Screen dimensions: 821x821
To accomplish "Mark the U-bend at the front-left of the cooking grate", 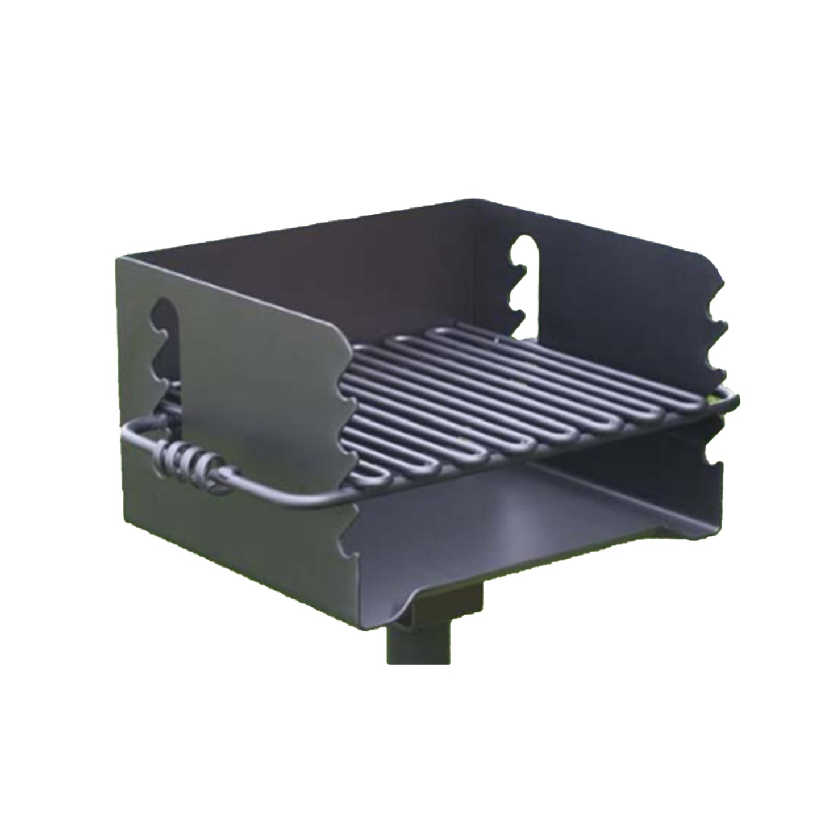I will click(x=375, y=472).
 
